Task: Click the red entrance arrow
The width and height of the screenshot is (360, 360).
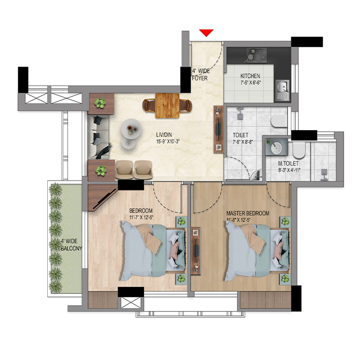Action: [x=207, y=32]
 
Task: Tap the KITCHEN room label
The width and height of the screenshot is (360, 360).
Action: [x=250, y=76]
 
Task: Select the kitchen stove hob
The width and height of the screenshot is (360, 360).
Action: [x=256, y=55]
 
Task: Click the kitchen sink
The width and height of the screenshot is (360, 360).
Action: [x=282, y=90]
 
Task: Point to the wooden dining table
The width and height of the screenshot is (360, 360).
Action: [x=167, y=105]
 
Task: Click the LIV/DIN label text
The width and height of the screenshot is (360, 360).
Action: [x=164, y=135]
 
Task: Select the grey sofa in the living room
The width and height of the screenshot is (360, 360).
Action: [x=99, y=137]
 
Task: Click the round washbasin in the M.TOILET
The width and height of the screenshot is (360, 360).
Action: [x=276, y=148]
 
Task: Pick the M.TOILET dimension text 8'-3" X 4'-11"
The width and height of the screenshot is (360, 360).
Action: [x=289, y=171]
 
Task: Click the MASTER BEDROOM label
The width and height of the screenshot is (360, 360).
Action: [x=248, y=213]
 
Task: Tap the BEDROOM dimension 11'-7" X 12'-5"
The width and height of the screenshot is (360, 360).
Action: [x=141, y=217]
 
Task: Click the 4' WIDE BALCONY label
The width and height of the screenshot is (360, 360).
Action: [x=72, y=245]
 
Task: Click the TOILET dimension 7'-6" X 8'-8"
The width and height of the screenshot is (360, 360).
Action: [x=243, y=142]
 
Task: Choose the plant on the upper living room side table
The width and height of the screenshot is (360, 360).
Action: [x=100, y=103]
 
